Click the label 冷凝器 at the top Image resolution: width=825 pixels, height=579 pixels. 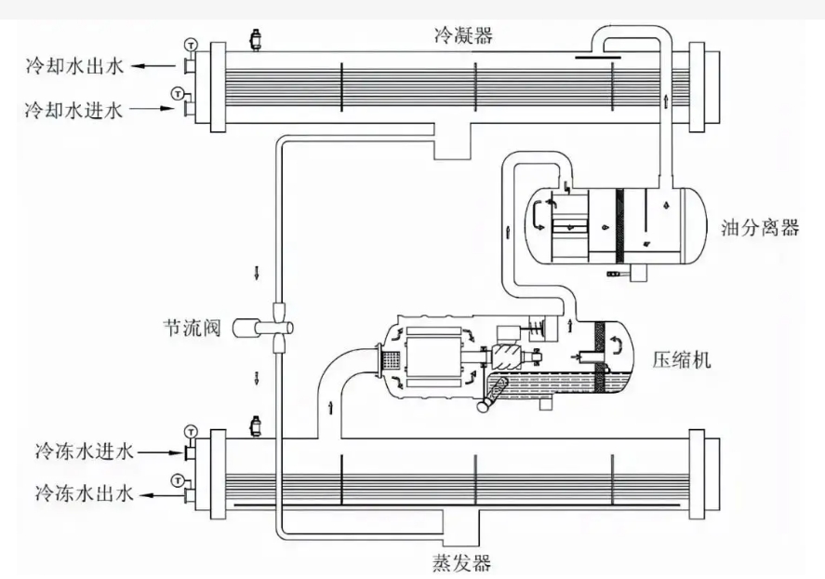[462, 35]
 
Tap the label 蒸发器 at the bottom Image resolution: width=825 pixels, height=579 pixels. [460, 562]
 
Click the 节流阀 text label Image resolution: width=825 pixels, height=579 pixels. [190, 328]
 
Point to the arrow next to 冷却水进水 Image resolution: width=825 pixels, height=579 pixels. [153, 110]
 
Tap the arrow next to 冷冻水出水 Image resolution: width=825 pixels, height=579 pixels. [160, 491]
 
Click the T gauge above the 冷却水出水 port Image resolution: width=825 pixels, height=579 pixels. [192, 45]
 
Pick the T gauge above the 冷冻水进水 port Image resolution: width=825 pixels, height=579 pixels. [192, 430]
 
